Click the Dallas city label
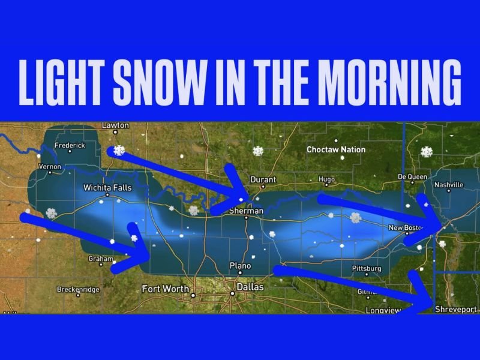coord(250,287)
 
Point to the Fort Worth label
coord(165,289)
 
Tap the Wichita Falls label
coord(107,188)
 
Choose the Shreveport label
coord(455,309)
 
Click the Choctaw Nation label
coord(336,149)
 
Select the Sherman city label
coord(247,211)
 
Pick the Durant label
coord(263,179)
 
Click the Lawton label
coord(115,125)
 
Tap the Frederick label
coord(70,146)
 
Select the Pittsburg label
coord(367,268)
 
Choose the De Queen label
coord(413,177)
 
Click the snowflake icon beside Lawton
coord(119,150)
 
